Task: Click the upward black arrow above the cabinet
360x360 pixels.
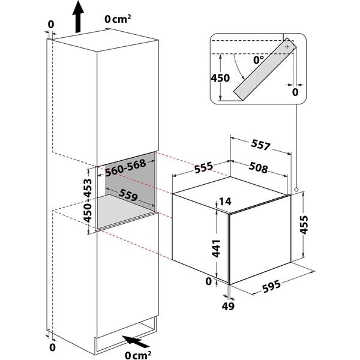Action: click(78, 17)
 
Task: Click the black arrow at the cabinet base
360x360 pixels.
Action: click(136, 341)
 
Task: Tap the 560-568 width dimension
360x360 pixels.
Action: click(126, 167)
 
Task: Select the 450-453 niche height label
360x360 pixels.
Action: click(88, 200)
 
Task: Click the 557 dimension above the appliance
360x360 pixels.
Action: click(261, 145)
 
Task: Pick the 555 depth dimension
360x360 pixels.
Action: click(203, 167)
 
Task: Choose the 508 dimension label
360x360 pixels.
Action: click(258, 167)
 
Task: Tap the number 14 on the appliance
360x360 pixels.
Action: click(225, 202)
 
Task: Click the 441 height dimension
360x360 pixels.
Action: click(216, 248)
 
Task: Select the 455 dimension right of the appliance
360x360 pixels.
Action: click(304, 224)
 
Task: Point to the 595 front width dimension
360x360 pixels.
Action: click(271, 286)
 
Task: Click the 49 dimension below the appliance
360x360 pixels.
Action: click(228, 306)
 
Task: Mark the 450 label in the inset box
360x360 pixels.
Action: click(220, 78)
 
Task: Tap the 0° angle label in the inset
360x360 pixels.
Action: click(259, 60)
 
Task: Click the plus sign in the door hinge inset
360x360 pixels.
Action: click(287, 47)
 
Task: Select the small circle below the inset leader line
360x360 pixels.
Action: click(296, 190)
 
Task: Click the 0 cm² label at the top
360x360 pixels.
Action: click(118, 19)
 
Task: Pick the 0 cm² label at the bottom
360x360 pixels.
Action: click(138, 355)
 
